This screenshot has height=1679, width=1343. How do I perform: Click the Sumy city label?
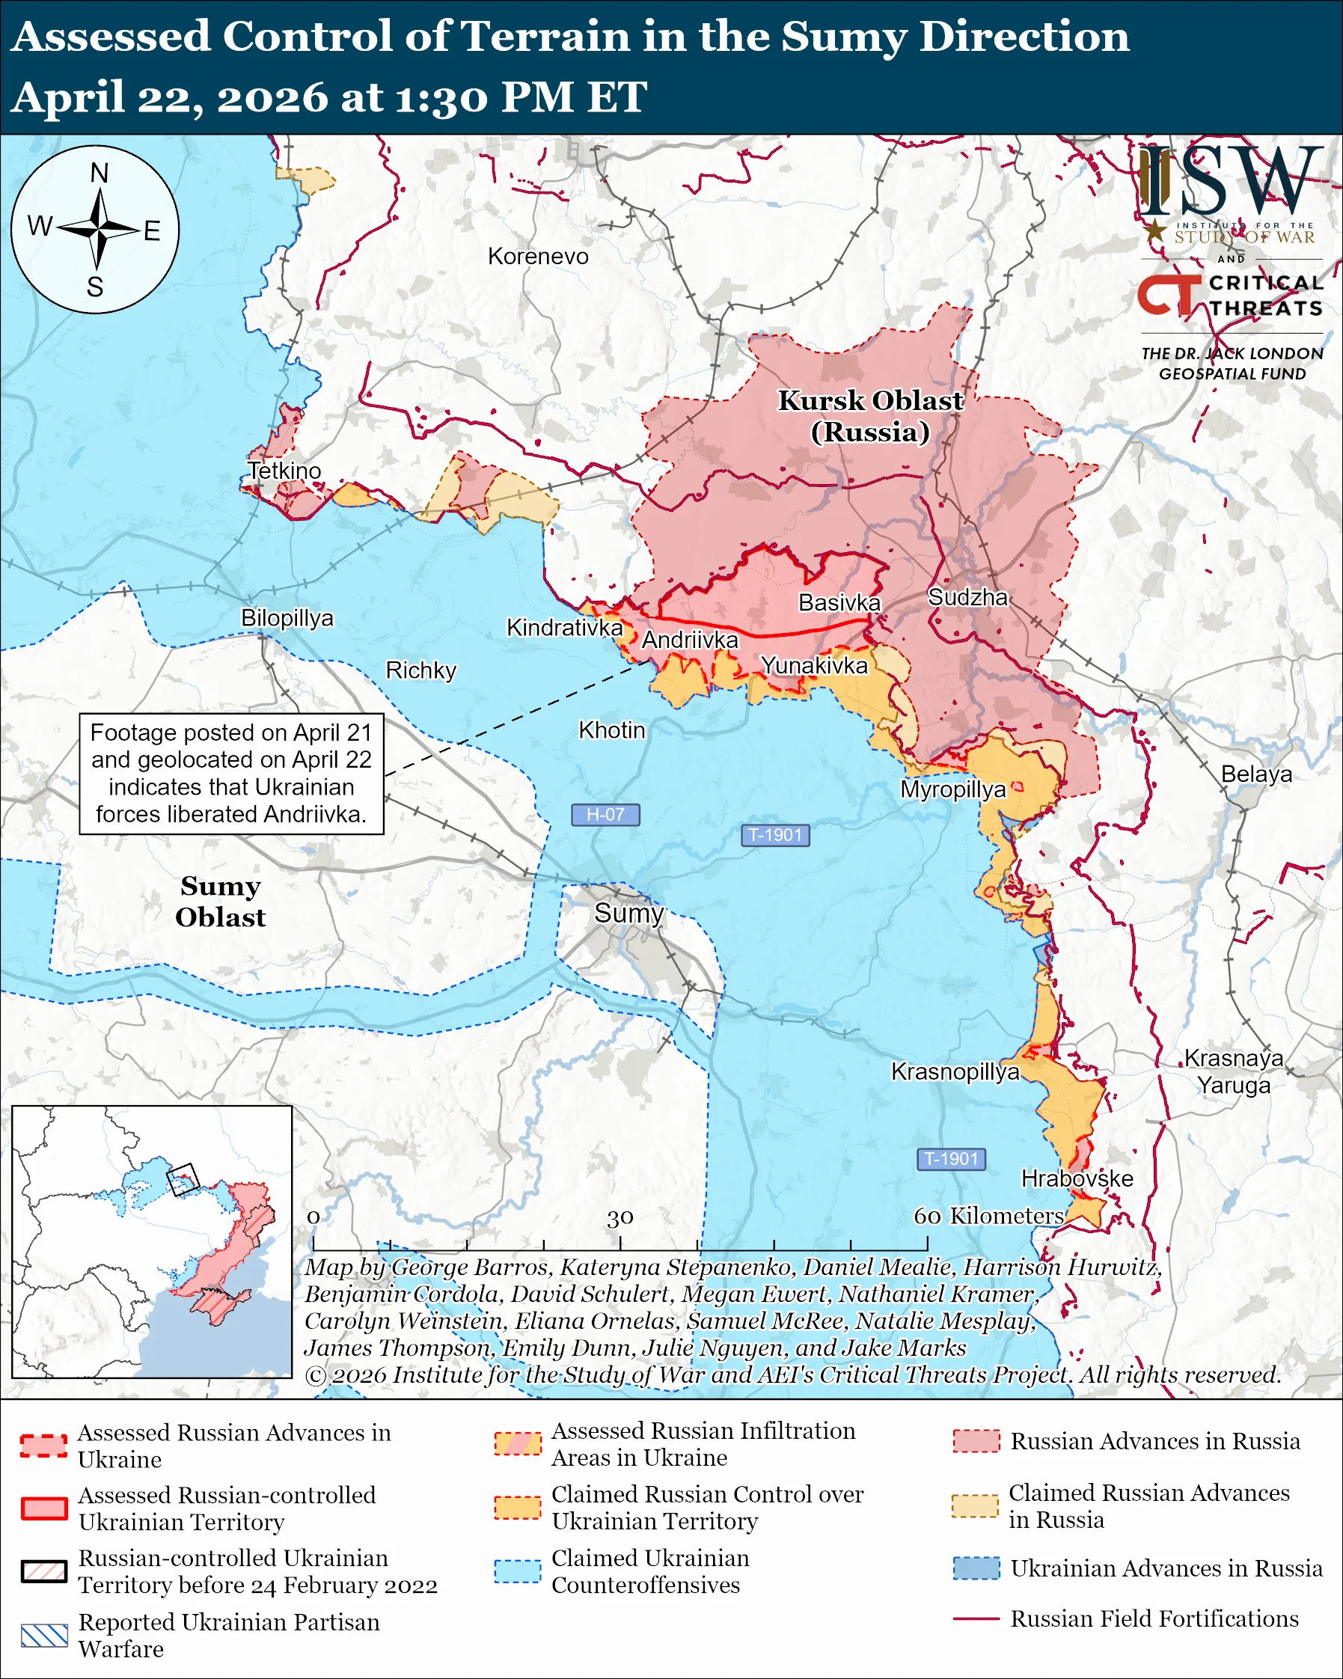pyautogui.click(x=628, y=913)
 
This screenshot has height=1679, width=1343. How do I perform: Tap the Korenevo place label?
pyautogui.click(x=538, y=256)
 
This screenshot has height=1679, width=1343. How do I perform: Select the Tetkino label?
pyautogui.click(x=284, y=471)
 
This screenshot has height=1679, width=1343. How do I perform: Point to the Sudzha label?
pyautogui.click(x=967, y=597)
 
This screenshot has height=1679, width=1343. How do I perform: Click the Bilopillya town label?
pyautogui.click(x=287, y=617)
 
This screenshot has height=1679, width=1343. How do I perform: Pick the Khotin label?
pyautogui.click(x=611, y=730)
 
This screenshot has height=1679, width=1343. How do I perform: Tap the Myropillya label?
pyautogui.click(x=953, y=789)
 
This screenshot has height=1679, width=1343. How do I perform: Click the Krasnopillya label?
pyautogui.click(x=955, y=1071)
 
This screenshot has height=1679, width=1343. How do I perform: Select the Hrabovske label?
pyautogui.click(x=1077, y=1178)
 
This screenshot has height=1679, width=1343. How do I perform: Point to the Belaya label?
pyautogui.click(x=1255, y=774)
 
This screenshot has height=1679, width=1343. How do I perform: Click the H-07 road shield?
pyautogui.click(x=605, y=815)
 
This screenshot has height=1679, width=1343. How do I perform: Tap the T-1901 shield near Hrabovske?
pyautogui.click(x=951, y=1159)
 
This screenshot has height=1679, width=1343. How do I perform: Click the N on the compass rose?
pyautogui.click(x=99, y=173)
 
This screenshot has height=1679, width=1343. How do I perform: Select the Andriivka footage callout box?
pyautogui.click(x=231, y=774)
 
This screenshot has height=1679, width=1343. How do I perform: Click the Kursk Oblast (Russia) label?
pyautogui.click(x=870, y=416)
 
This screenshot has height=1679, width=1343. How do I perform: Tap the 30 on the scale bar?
pyautogui.click(x=620, y=1217)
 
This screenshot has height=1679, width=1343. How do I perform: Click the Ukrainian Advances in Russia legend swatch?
pyautogui.click(x=976, y=1568)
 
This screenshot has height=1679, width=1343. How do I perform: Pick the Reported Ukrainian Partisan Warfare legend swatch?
pyautogui.click(x=44, y=1636)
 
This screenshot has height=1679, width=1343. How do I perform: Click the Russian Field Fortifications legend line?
pyautogui.click(x=976, y=1618)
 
